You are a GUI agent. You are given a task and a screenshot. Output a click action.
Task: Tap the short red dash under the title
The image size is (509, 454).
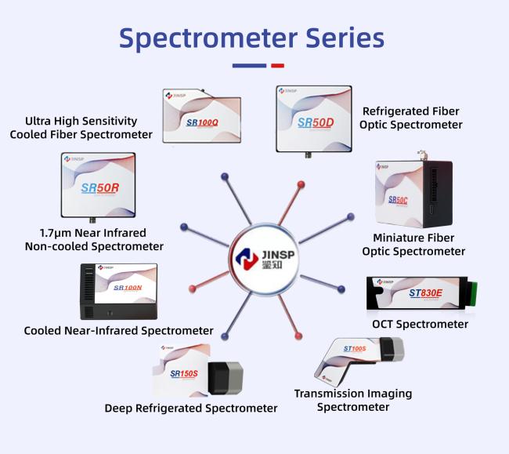276,66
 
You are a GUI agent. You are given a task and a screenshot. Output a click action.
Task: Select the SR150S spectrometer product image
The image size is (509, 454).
198,375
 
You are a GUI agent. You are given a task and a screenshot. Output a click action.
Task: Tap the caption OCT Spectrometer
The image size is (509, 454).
420,324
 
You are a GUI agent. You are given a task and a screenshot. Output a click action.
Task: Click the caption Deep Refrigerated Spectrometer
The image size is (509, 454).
191,408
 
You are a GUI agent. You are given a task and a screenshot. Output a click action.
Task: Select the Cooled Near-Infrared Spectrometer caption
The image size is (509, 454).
119,330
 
